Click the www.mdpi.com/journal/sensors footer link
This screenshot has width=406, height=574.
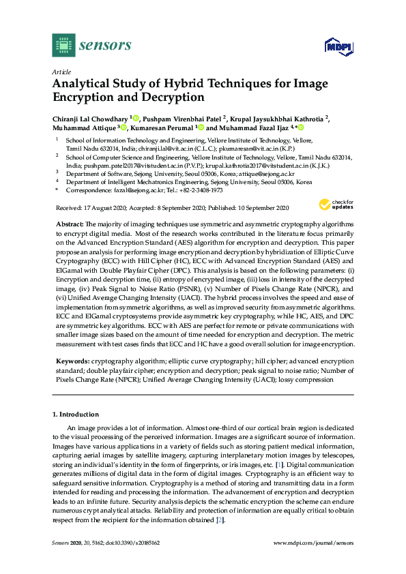click(313, 543)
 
